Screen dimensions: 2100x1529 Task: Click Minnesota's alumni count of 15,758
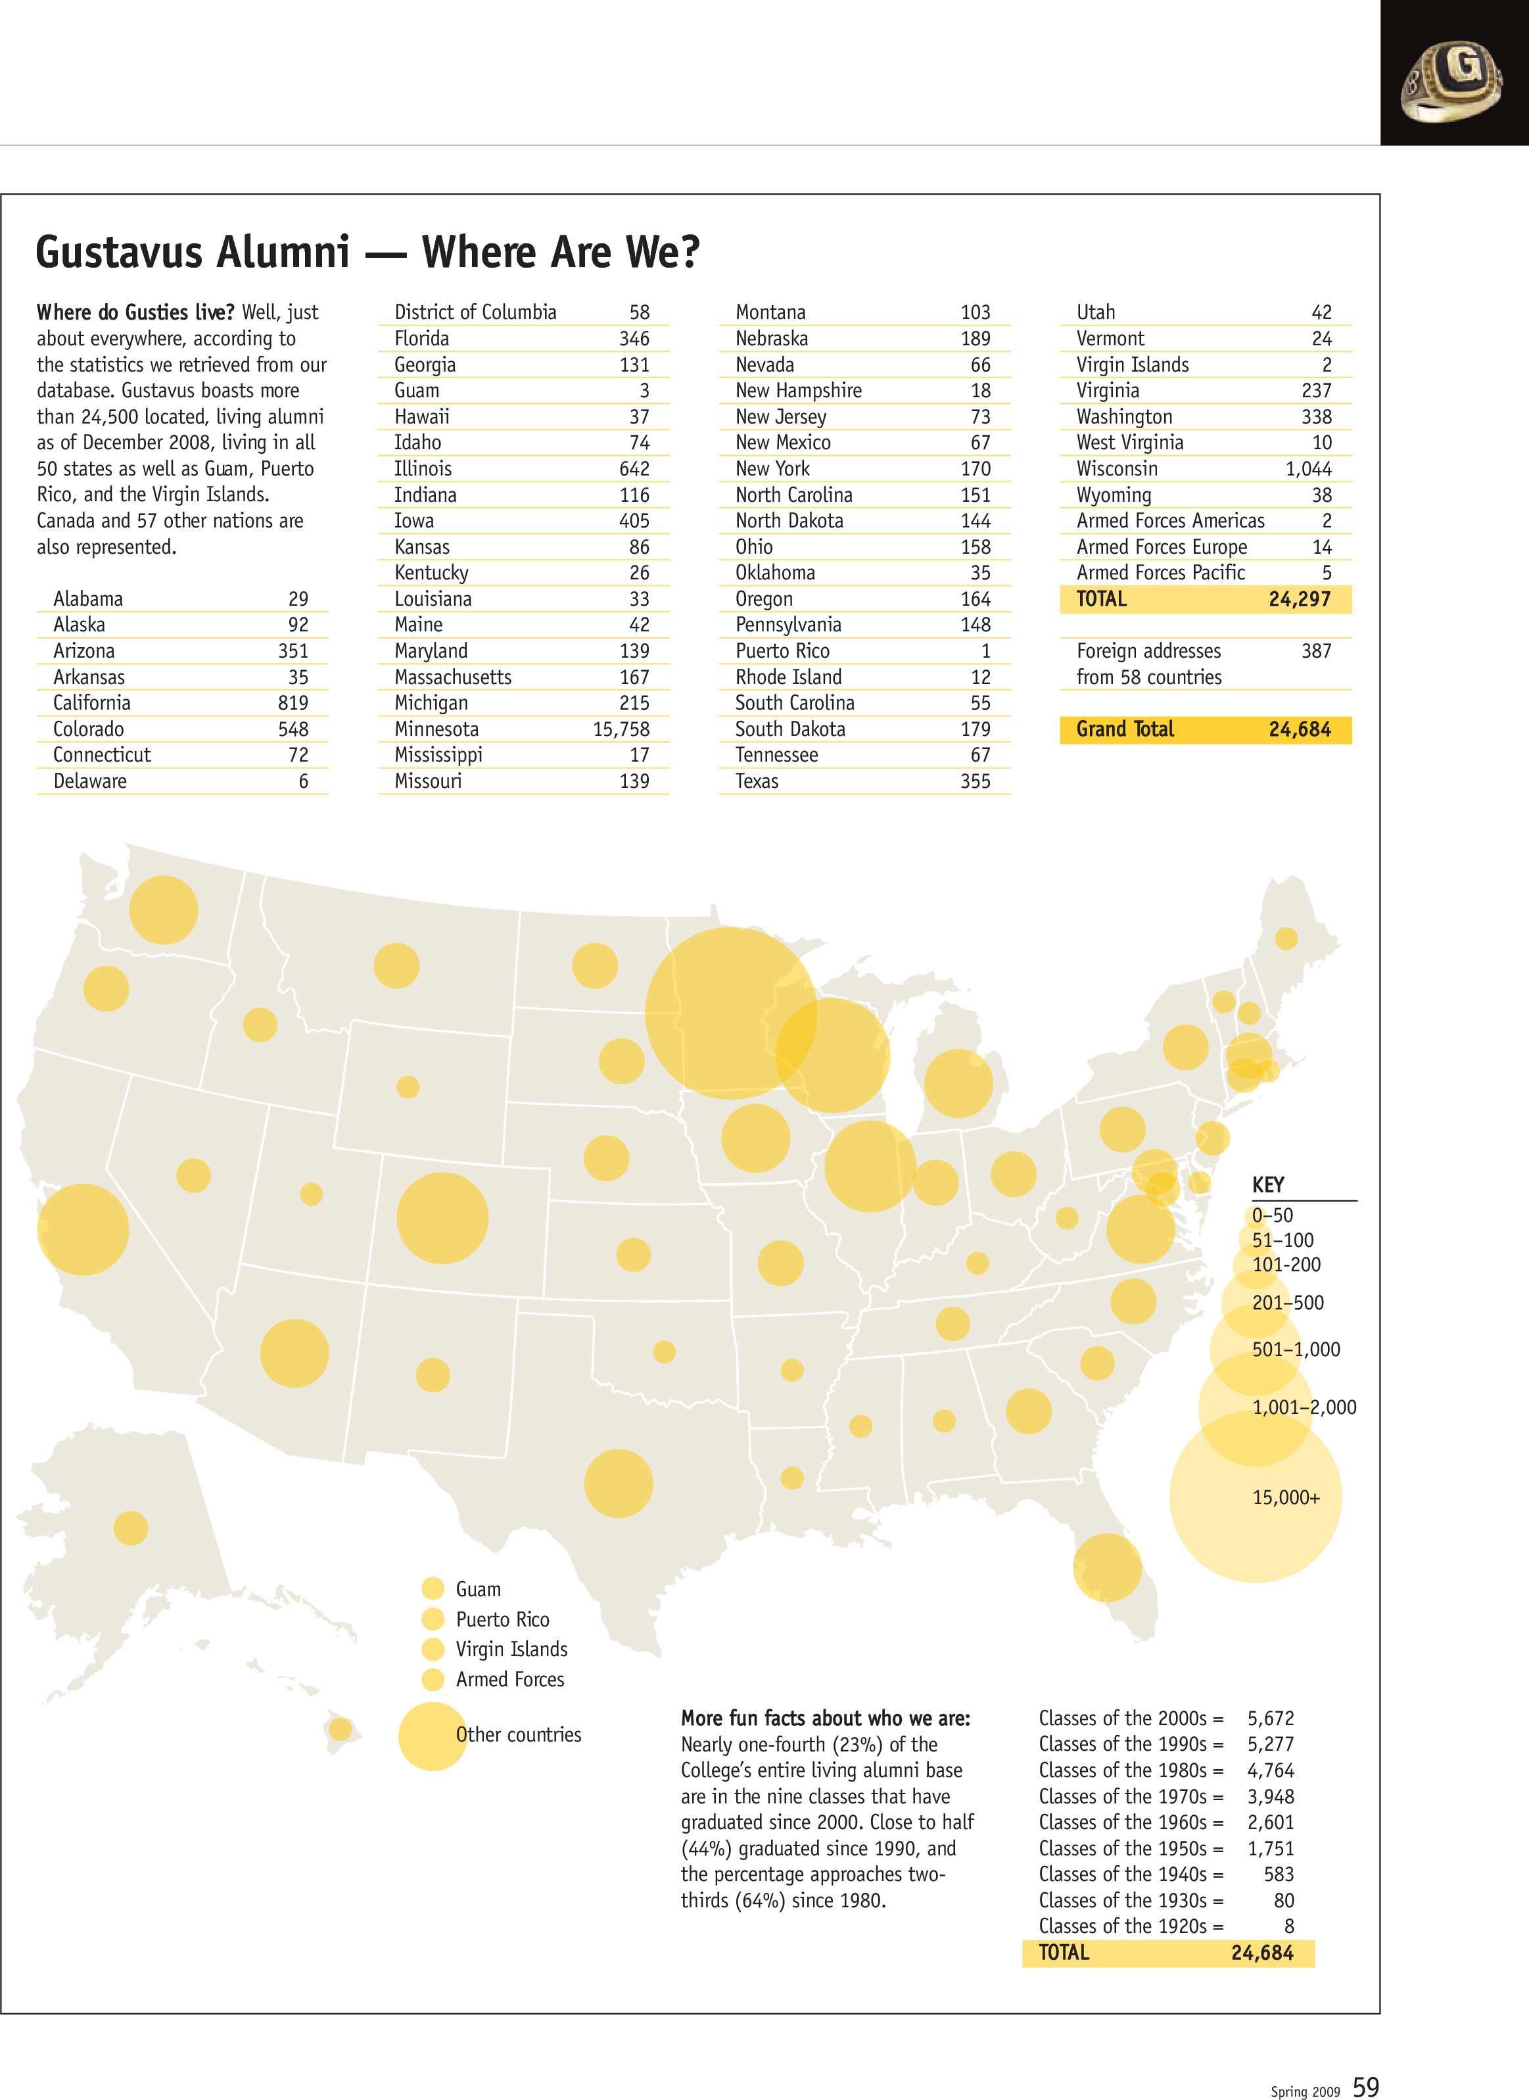pyautogui.click(x=621, y=729)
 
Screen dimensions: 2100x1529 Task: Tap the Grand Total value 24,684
pyautogui.click(x=1300, y=729)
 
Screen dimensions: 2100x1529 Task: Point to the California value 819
pyautogui.click(x=293, y=703)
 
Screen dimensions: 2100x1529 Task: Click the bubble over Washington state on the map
pyautogui.click(x=164, y=910)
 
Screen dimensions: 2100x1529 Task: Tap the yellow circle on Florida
pyautogui.click(x=1107, y=1567)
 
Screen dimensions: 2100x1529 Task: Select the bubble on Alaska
pyautogui.click(x=131, y=1528)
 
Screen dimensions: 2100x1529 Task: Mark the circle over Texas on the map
pyautogui.click(x=619, y=1483)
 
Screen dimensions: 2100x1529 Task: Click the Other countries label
pyautogui.click(x=518, y=1735)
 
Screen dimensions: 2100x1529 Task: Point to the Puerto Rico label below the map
pyautogui.click(x=503, y=1619)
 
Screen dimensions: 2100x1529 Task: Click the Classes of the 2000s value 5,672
pyautogui.click(x=1270, y=1719)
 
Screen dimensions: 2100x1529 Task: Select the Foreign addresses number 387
pyautogui.click(x=1315, y=651)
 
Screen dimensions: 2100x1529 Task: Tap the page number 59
pyautogui.click(x=1365, y=2086)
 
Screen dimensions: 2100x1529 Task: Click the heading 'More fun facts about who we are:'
pyautogui.click(x=826, y=1719)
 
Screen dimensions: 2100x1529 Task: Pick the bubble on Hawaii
pyautogui.click(x=341, y=1728)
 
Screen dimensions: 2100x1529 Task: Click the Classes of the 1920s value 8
pyautogui.click(x=1288, y=1926)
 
